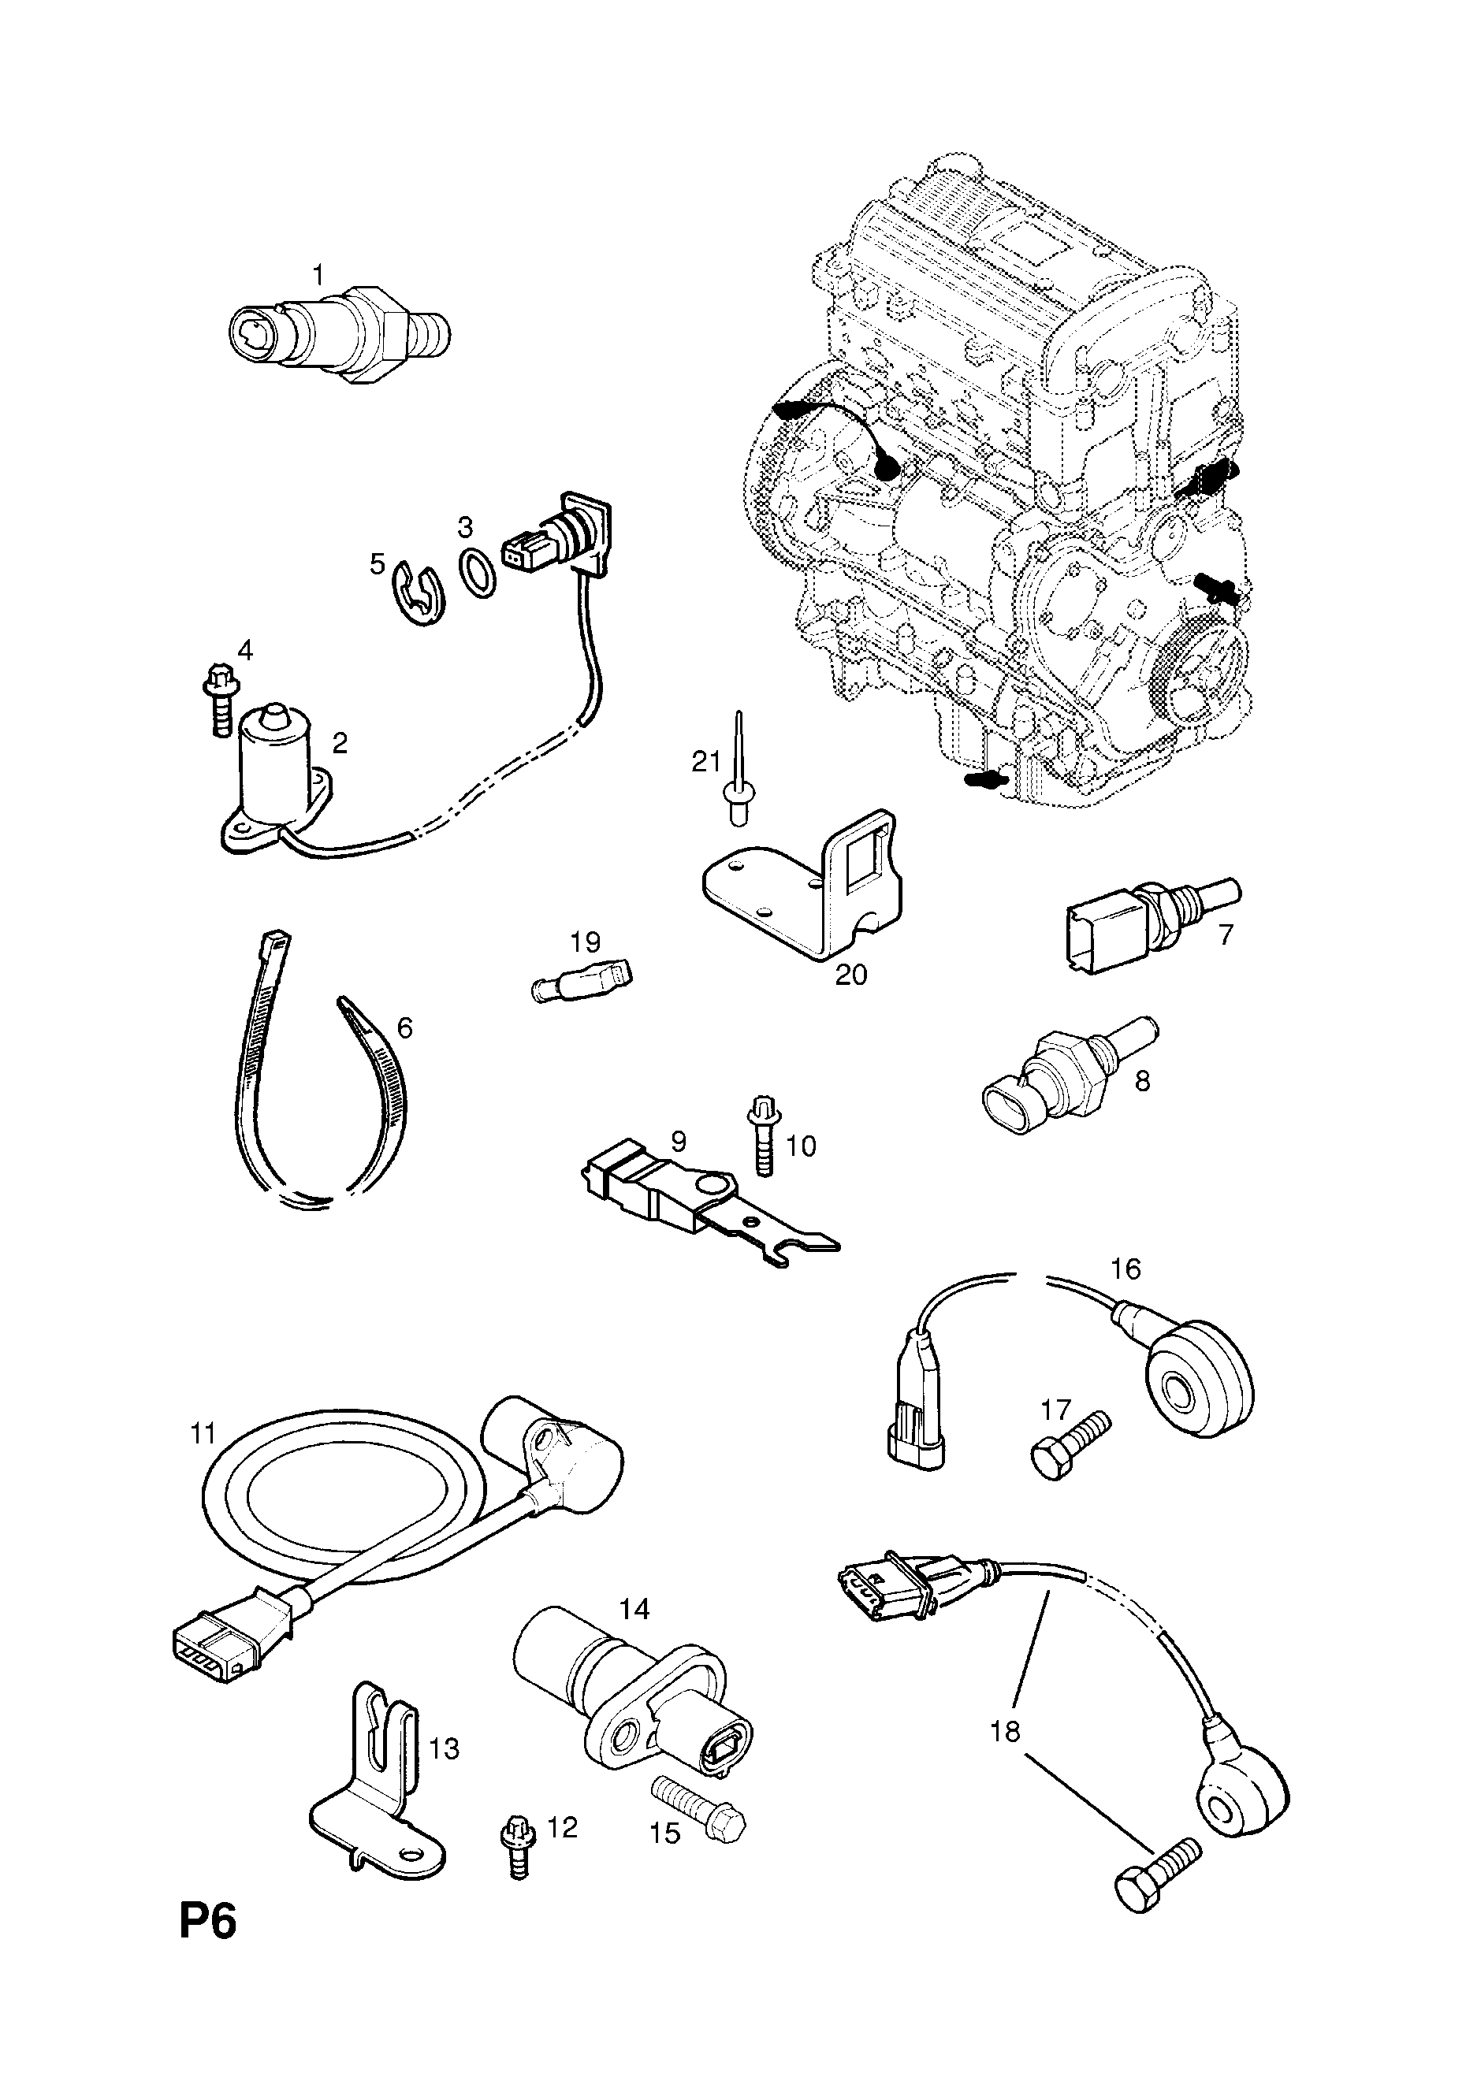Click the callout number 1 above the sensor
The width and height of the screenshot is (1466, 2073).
click(x=317, y=274)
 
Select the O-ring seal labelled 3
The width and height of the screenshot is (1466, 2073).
click(x=478, y=571)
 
